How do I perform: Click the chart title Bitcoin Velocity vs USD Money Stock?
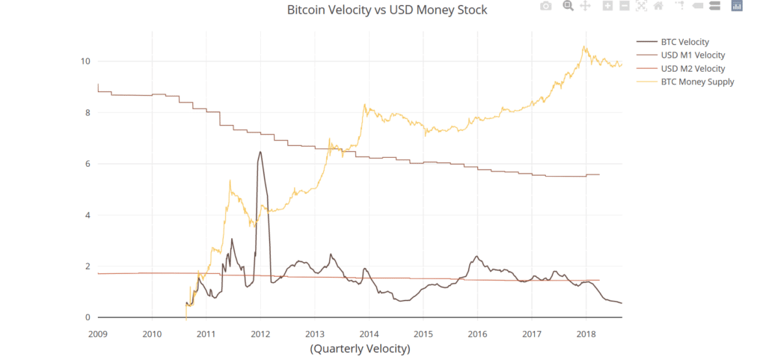(387, 10)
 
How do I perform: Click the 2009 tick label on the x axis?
(98, 334)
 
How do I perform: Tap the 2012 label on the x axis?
(260, 334)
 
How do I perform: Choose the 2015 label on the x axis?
(423, 334)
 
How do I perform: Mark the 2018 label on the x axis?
(586, 334)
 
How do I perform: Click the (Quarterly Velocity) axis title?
(360, 350)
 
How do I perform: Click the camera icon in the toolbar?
(545, 6)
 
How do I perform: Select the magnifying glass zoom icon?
(568, 6)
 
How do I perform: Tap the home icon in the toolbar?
(658, 6)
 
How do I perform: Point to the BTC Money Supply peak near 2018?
(583, 47)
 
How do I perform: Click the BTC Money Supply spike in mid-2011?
(230, 180)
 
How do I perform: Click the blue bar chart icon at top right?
(737, 6)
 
